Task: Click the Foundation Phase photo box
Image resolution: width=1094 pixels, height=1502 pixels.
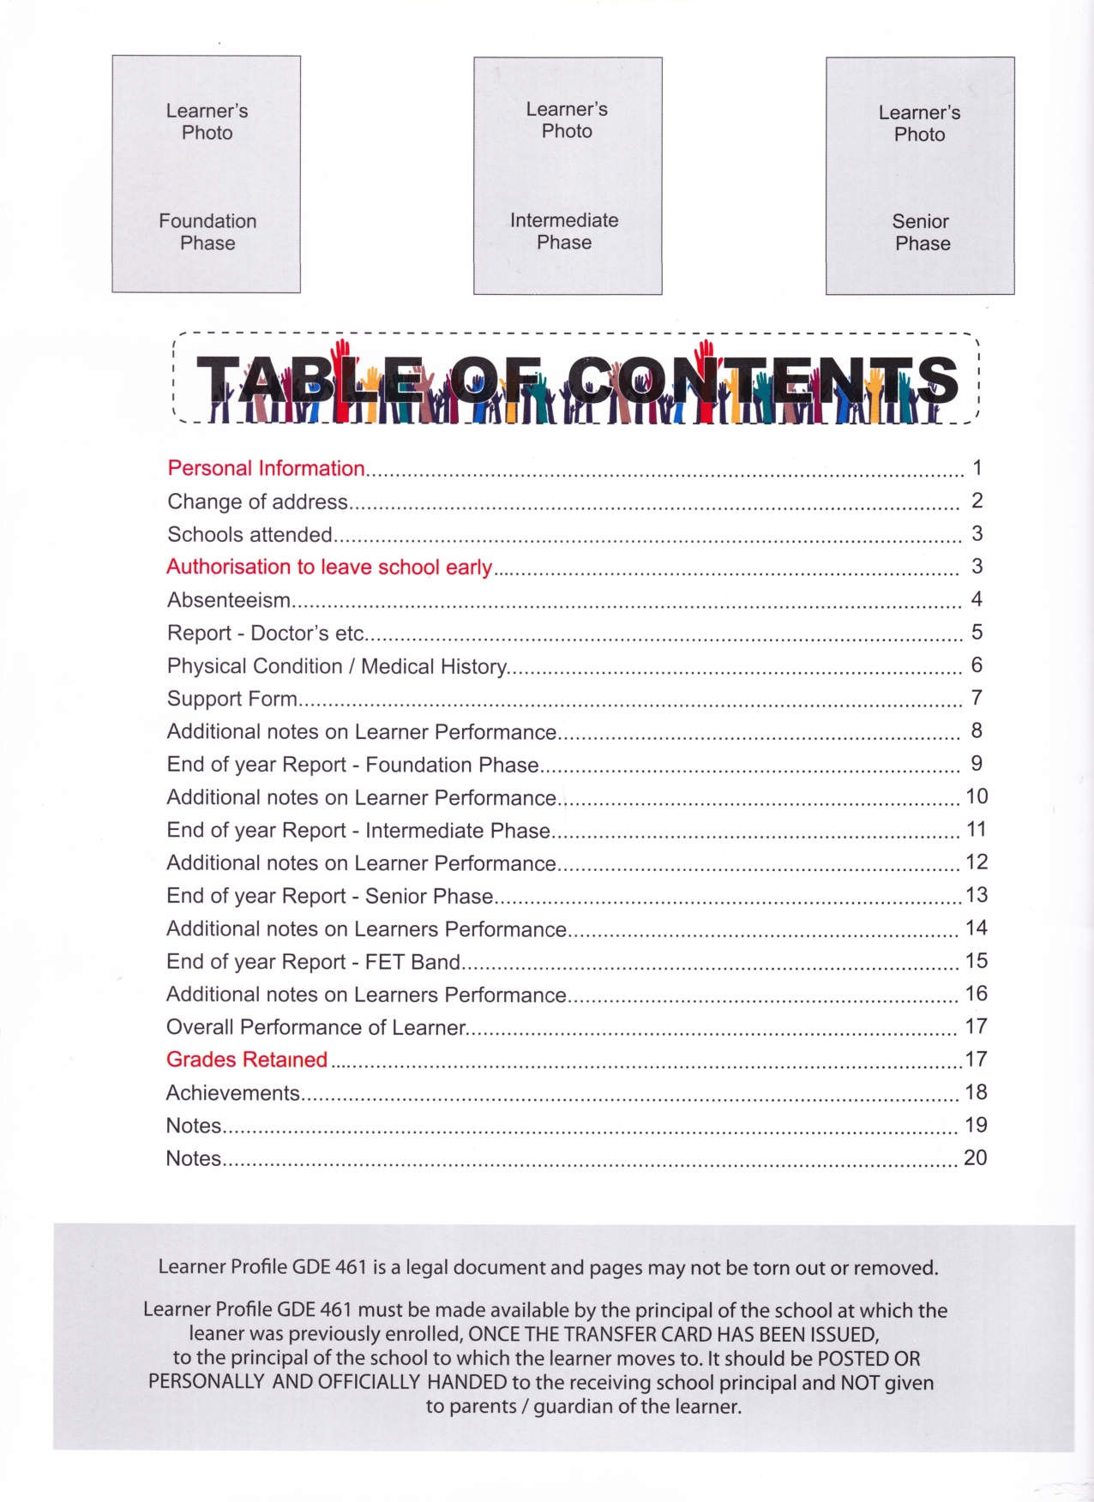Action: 207,175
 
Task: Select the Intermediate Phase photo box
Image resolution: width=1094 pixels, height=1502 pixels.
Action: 568,176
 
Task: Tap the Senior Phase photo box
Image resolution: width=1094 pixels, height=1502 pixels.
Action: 920,177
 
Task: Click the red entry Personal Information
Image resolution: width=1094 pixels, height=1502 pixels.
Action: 266,468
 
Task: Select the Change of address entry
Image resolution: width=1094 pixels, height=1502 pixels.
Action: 257,502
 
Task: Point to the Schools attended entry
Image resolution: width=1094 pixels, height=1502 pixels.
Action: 249,534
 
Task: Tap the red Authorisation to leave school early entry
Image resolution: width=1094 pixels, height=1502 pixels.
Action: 329,567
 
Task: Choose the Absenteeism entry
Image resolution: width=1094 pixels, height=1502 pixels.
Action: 229,600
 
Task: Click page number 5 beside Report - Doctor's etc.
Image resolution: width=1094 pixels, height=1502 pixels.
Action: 977,632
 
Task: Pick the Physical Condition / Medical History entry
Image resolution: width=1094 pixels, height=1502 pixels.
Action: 337,666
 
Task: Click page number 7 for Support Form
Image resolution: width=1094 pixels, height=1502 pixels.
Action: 977,698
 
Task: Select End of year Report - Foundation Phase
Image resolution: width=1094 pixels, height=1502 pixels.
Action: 352,765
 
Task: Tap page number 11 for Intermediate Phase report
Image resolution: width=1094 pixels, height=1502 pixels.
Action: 976,829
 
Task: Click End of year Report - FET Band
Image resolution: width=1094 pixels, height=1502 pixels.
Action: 313,962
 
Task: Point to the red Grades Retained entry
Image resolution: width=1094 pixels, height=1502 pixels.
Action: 247,1060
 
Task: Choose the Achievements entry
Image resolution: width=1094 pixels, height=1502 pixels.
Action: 232,1093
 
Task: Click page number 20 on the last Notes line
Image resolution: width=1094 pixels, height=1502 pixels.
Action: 975,1157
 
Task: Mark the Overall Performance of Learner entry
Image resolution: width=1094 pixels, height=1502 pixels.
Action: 316,1027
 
